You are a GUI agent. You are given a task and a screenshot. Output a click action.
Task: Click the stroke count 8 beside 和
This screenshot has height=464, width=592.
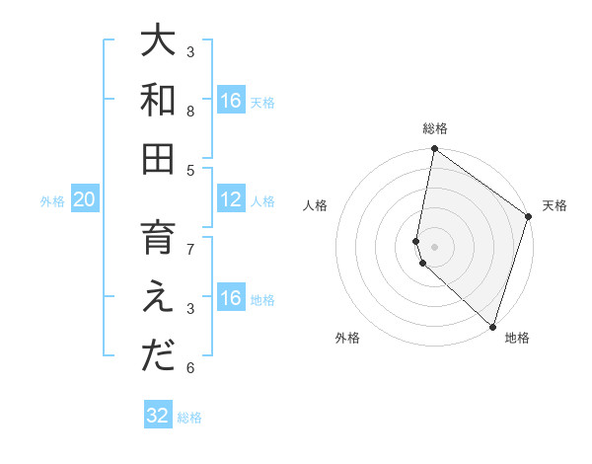coord(190,112)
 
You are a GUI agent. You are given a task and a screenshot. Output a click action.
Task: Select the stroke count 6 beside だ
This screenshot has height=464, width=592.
coord(190,368)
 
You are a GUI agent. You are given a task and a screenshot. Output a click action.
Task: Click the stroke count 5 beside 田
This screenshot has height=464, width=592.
coord(190,170)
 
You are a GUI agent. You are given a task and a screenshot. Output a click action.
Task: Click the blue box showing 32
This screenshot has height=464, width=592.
coord(158,416)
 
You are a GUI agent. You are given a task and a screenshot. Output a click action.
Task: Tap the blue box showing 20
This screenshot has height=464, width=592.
coord(84,200)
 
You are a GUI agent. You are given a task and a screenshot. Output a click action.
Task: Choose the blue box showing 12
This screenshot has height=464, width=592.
coord(231,200)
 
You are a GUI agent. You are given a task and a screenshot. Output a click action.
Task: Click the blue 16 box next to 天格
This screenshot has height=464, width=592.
coord(231,101)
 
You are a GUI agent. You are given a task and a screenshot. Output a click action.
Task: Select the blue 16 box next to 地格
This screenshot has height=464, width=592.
coord(231,299)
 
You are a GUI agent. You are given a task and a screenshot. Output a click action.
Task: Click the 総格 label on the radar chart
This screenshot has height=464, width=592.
coord(435,128)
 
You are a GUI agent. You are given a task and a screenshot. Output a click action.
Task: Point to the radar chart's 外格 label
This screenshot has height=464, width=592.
coord(347,339)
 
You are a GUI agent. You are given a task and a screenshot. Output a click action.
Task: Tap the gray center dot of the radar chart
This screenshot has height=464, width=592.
coord(435,245)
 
